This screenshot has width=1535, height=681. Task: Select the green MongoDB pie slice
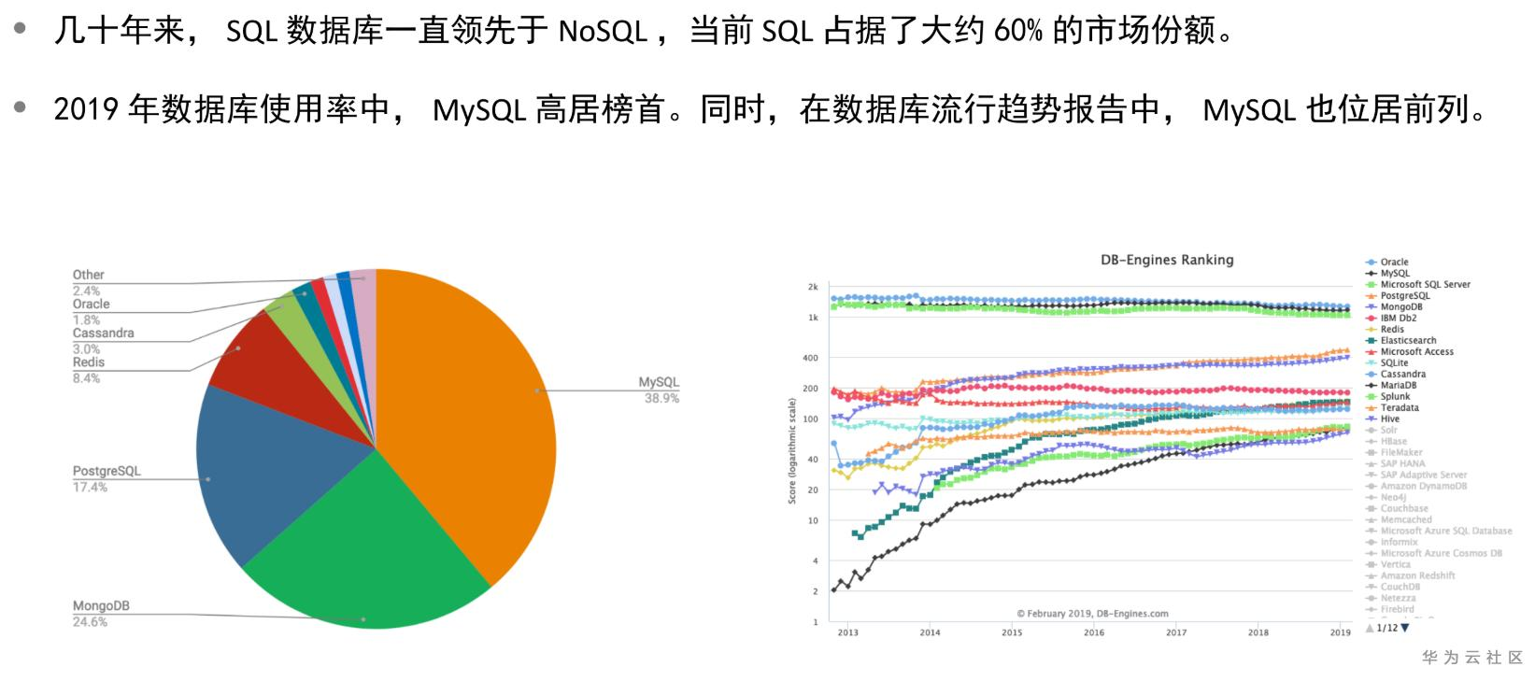(x=364, y=542)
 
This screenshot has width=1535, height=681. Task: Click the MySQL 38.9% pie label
(x=659, y=390)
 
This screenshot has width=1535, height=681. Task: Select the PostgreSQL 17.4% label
(x=106, y=478)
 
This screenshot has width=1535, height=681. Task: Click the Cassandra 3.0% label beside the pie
(x=103, y=340)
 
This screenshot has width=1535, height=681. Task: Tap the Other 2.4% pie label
(x=89, y=282)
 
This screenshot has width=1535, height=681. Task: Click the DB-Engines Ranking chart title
(x=1167, y=260)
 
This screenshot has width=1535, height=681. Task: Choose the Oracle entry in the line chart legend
(x=1393, y=262)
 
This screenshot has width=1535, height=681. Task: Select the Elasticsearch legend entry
(x=1408, y=341)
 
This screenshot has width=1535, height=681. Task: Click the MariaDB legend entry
(x=1398, y=386)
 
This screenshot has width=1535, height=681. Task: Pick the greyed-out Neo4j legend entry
(x=1393, y=498)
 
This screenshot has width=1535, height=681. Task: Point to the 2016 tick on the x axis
(x=1093, y=632)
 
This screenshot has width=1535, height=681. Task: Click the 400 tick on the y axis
(x=810, y=358)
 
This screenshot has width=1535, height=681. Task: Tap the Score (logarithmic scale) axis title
(x=792, y=450)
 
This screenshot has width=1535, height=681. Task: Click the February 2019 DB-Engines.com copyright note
(x=1092, y=614)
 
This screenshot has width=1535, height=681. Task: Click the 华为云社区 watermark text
(x=1471, y=658)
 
